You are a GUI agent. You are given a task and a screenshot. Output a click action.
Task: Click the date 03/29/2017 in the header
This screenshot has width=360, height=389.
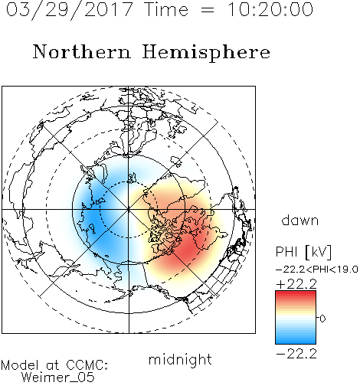point(70,10)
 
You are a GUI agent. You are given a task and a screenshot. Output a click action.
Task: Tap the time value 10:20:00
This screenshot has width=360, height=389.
point(270,9)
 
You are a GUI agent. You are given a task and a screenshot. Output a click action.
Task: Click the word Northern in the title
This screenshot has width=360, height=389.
point(81,51)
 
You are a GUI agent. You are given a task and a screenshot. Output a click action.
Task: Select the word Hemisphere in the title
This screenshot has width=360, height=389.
point(206,53)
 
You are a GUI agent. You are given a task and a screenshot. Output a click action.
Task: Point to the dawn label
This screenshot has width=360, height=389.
point(300,220)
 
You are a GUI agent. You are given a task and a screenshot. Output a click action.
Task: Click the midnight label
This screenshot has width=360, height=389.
point(180,361)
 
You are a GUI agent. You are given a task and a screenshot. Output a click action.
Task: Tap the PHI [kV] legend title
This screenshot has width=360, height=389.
point(304,252)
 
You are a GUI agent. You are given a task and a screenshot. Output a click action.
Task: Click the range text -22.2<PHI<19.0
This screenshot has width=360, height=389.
point(317,270)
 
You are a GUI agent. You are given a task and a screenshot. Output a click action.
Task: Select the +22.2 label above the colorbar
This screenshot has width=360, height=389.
point(296,284)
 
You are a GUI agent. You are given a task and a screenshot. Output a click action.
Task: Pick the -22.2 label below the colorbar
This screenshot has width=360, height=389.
point(296,354)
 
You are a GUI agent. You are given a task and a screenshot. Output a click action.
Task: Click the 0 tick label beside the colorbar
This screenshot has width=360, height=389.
point(322,319)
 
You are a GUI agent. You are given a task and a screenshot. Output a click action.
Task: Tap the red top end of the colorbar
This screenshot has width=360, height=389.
point(296,293)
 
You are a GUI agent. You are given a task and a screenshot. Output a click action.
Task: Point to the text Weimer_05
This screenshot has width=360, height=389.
point(58,378)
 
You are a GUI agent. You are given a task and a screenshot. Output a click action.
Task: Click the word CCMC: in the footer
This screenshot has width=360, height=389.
point(87,365)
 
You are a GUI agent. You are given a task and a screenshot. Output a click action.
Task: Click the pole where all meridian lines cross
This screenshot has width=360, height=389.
point(129,209)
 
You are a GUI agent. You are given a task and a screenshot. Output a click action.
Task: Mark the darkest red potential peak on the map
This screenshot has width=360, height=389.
point(188,248)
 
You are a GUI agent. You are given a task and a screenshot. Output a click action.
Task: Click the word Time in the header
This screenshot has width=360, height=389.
point(166,9)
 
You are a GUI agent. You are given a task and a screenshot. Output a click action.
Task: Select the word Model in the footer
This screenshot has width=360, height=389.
point(20,365)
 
